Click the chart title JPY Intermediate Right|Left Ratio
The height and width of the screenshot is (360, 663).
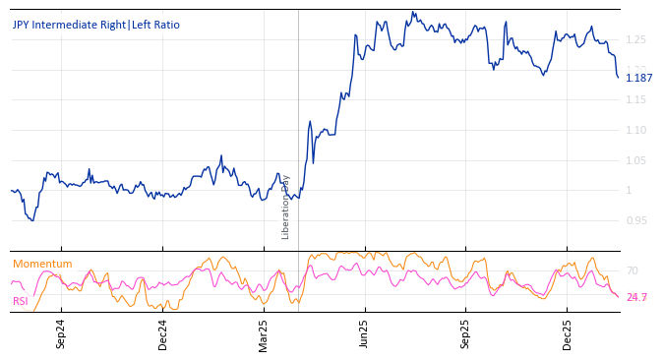point(96,25)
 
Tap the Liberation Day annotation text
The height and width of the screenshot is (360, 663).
point(286,207)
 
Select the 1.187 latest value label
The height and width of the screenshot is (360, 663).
point(638,78)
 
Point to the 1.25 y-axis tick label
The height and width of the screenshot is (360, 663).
point(635,39)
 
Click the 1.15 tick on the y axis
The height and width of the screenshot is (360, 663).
point(635,100)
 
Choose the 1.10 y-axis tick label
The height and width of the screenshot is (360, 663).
point(635,130)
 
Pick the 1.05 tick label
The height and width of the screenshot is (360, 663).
point(635,160)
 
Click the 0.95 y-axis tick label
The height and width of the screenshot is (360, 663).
point(635,220)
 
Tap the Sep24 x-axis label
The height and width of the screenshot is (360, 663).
point(61,333)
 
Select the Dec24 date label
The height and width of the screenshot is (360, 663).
point(163,333)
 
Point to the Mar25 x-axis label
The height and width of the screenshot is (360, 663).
point(264,333)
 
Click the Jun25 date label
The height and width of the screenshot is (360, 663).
point(365,333)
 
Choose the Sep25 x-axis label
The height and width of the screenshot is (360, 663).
point(466,333)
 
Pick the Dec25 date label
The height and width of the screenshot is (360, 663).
point(568,333)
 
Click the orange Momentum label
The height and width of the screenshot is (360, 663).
point(42,264)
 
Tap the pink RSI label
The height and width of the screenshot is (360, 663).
point(20,301)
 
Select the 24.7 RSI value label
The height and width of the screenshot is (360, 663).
point(636,297)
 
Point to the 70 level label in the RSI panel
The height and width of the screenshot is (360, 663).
point(632,270)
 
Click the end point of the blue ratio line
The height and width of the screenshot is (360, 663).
point(618,78)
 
